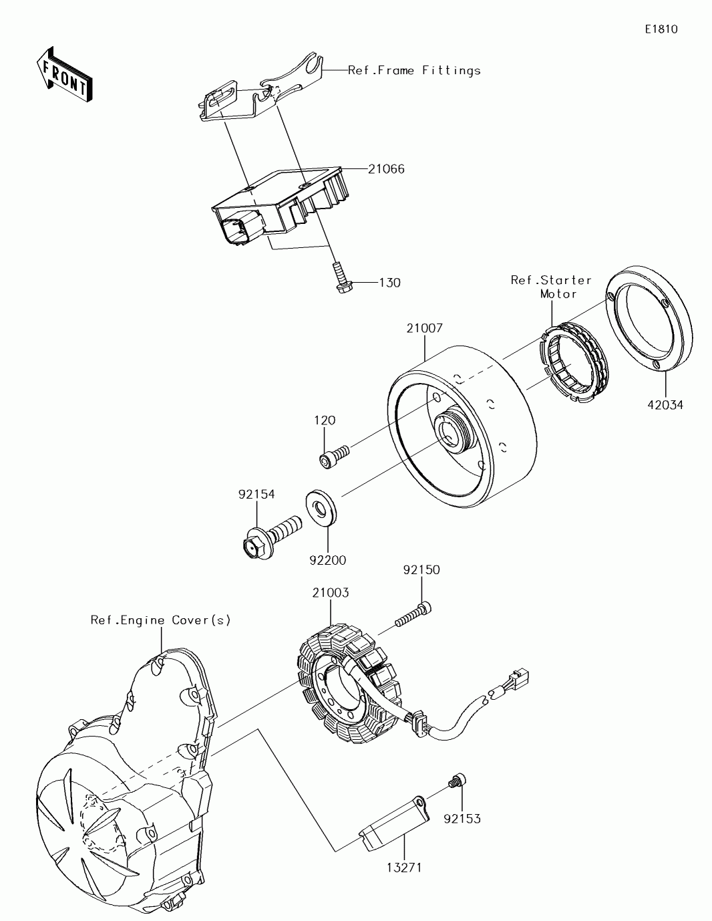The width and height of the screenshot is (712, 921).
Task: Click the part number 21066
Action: click(386, 169)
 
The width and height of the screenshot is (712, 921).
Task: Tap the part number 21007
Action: click(425, 328)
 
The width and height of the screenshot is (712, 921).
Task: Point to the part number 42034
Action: click(665, 405)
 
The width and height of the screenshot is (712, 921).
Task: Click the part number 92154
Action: click(256, 494)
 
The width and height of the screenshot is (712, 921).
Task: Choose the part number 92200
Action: click(327, 560)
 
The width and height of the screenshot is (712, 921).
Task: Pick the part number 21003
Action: click(330, 592)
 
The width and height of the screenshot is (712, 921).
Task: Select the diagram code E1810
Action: click(661, 29)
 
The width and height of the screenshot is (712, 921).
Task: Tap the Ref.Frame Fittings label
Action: click(414, 70)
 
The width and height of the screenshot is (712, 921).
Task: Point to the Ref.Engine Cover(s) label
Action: click(161, 620)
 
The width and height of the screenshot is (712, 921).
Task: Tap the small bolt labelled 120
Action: click(333, 457)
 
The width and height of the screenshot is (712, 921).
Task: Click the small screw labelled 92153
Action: click(458, 780)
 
